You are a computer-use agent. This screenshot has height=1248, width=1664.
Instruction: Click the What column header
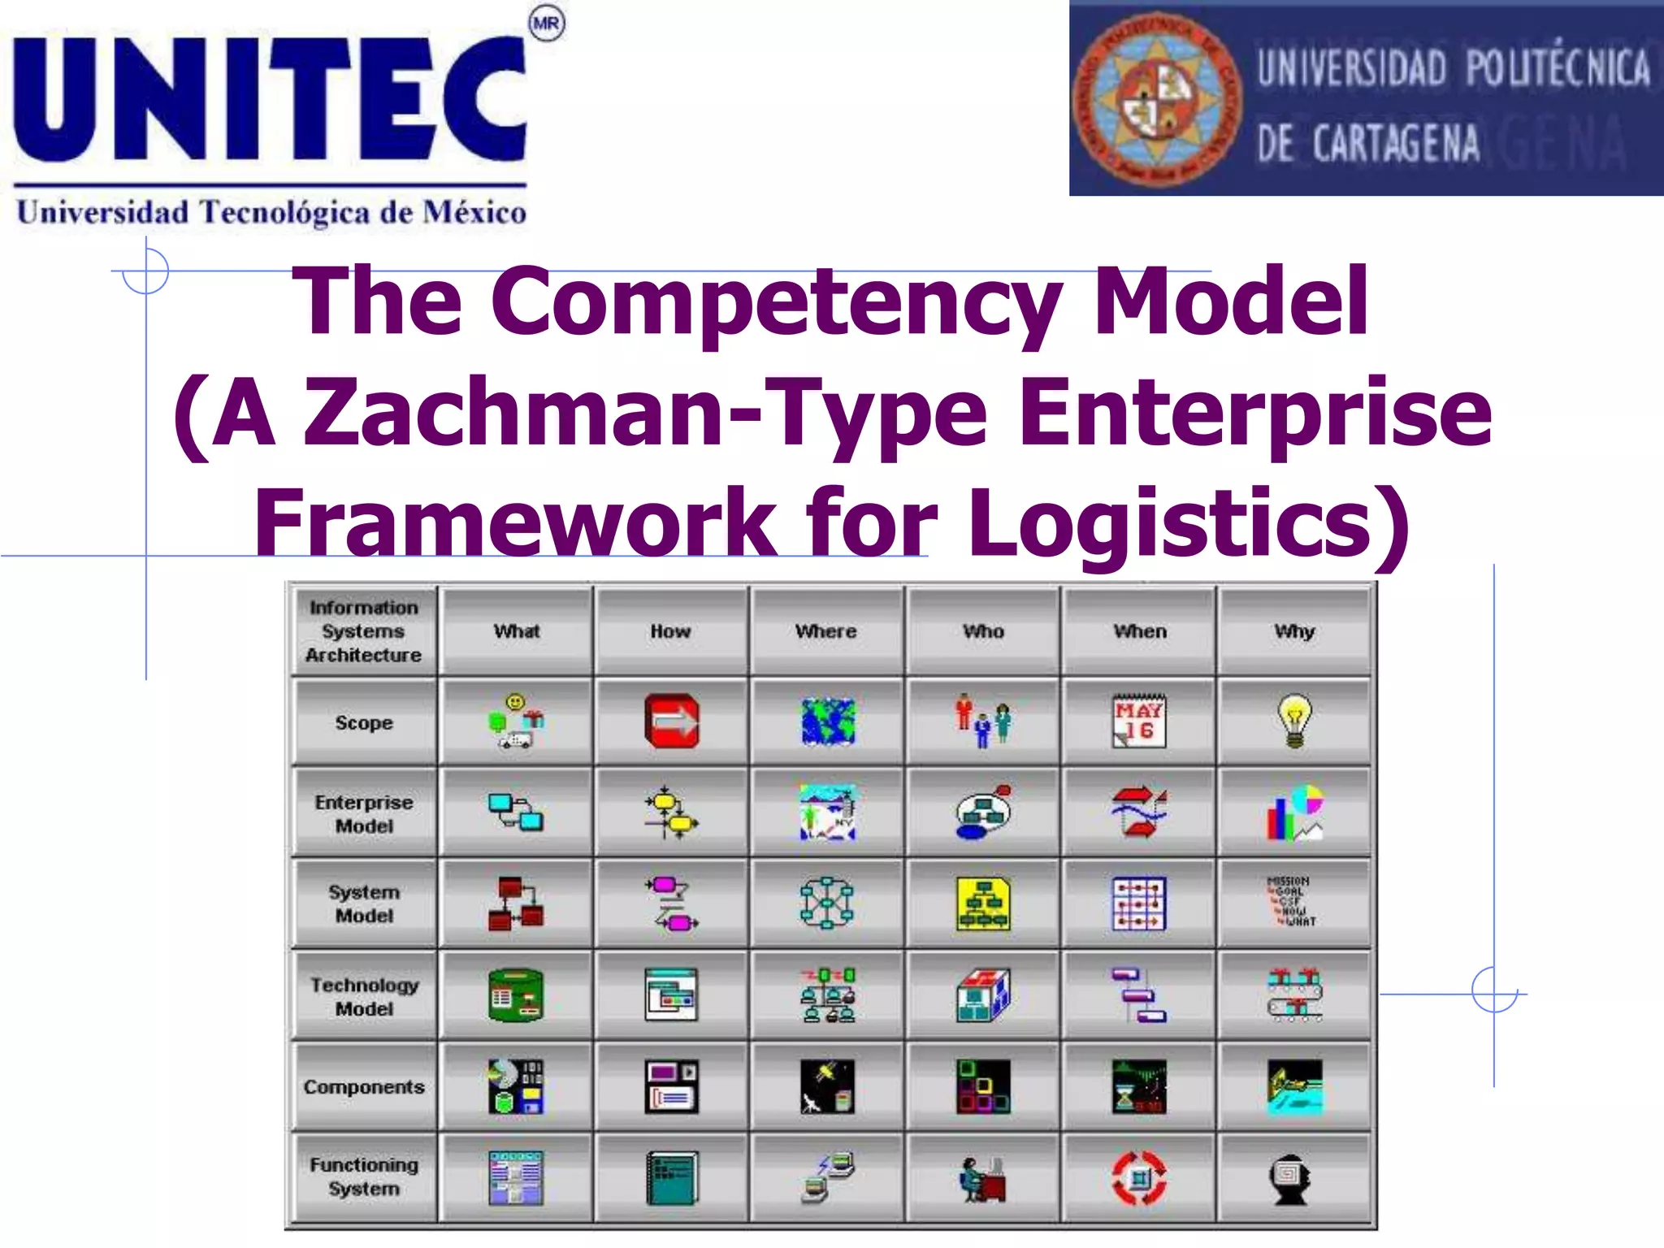(x=517, y=631)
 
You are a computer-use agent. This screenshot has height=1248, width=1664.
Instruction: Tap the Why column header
(x=1294, y=631)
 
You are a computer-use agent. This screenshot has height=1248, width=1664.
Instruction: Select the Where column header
(x=826, y=631)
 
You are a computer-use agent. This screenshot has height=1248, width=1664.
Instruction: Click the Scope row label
(x=364, y=722)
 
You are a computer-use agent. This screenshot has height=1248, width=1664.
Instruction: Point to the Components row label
(x=364, y=1087)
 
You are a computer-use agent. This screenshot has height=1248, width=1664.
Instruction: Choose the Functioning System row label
(x=364, y=1176)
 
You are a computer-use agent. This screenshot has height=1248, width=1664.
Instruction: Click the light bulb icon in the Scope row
(x=1294, y=721)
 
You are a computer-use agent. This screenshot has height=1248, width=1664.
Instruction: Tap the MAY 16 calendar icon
(x=1139, y=721)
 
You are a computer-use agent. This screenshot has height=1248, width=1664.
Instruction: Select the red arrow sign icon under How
(x=672, y=721)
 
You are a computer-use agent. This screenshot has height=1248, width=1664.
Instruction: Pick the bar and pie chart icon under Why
(x=1295, y=812)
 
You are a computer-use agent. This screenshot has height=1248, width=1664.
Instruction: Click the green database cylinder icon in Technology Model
(x=516, y=995)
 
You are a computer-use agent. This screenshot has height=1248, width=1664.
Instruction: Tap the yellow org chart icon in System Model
(x=983, y=903)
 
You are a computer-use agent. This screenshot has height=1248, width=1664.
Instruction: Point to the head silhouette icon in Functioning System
(x=1292, y=1178)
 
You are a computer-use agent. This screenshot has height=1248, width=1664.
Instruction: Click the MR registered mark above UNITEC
(x=546, y=24)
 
